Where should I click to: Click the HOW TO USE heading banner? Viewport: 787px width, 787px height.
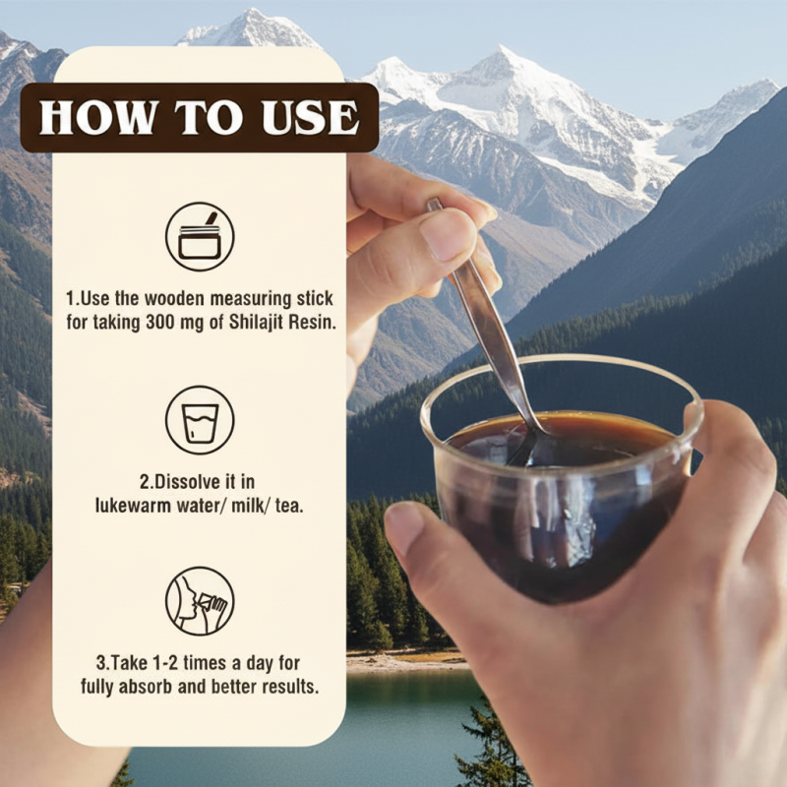(x=199, y=117)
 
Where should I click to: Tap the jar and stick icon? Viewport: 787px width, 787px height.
(x=199, y=236)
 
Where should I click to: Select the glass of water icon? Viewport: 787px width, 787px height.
(x=199, y=420)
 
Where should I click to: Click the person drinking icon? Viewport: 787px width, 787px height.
(x=199, y=600)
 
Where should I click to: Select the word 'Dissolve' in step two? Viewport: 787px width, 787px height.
(x=187, y=482)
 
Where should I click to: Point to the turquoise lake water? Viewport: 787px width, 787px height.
(x=393, y=728)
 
